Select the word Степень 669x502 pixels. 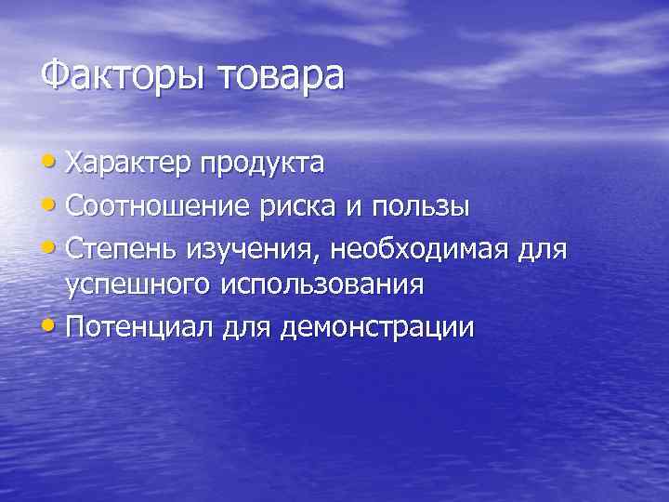[x=121, y=247]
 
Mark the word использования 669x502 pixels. [x=322, y=284]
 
